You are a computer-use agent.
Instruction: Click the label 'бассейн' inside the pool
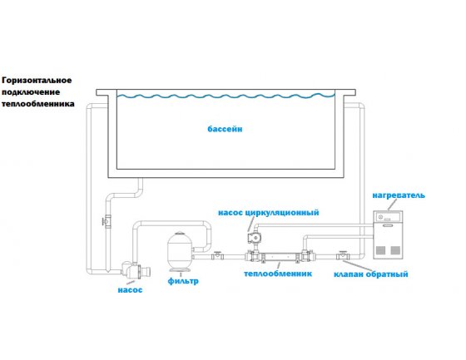225,129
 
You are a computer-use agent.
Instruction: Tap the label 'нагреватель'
399,195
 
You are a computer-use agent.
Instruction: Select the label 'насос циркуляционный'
268,213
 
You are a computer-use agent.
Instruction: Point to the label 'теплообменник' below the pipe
278,274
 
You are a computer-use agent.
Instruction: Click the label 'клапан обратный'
370,274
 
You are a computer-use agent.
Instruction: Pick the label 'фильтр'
183,281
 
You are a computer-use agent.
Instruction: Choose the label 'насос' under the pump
130,290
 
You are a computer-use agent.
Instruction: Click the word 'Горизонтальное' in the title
37,81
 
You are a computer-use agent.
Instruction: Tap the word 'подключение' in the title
31,92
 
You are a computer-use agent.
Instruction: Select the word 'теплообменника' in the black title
38,104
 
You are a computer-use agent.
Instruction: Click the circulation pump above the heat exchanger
253,237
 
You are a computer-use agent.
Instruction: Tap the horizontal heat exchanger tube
280,256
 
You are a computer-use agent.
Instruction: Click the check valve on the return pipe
343,255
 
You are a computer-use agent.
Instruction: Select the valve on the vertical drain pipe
107,222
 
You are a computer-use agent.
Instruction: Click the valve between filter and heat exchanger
218,255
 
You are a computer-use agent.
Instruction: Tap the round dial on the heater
380,218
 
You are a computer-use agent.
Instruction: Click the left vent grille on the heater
381,250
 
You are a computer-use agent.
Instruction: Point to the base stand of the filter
180,270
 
